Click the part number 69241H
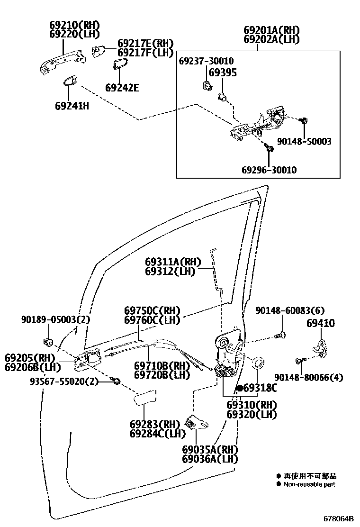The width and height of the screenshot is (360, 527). (72, 106)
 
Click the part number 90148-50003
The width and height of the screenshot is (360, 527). (304, 141)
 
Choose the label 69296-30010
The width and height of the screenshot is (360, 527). (269, 170)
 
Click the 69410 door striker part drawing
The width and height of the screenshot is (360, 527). (321, 346)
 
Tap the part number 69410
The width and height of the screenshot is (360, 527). (320, 324)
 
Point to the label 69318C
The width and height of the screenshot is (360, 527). (260, 388)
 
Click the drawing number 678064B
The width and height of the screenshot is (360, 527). (339, 518)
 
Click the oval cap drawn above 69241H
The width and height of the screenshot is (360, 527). (71, 81)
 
